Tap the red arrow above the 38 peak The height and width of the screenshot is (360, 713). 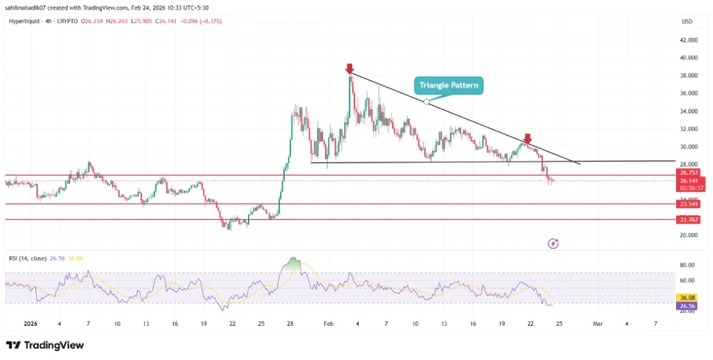pyautogui.click(x=349, y=68)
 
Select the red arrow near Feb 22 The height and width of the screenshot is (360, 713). pyautogui.click(x=528, y=138)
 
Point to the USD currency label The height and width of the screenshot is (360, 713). pyautogui.click(x=686, y=22)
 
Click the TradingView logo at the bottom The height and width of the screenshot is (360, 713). pyautogui.click(x=45, y=345)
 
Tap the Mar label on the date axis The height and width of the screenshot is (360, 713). pyautogui.click(x=597, y=324)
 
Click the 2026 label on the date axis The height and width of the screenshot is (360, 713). pyautogui.click(x=31, y=324)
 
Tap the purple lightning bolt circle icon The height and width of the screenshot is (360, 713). pyautogui.click(x=553, y=244)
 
